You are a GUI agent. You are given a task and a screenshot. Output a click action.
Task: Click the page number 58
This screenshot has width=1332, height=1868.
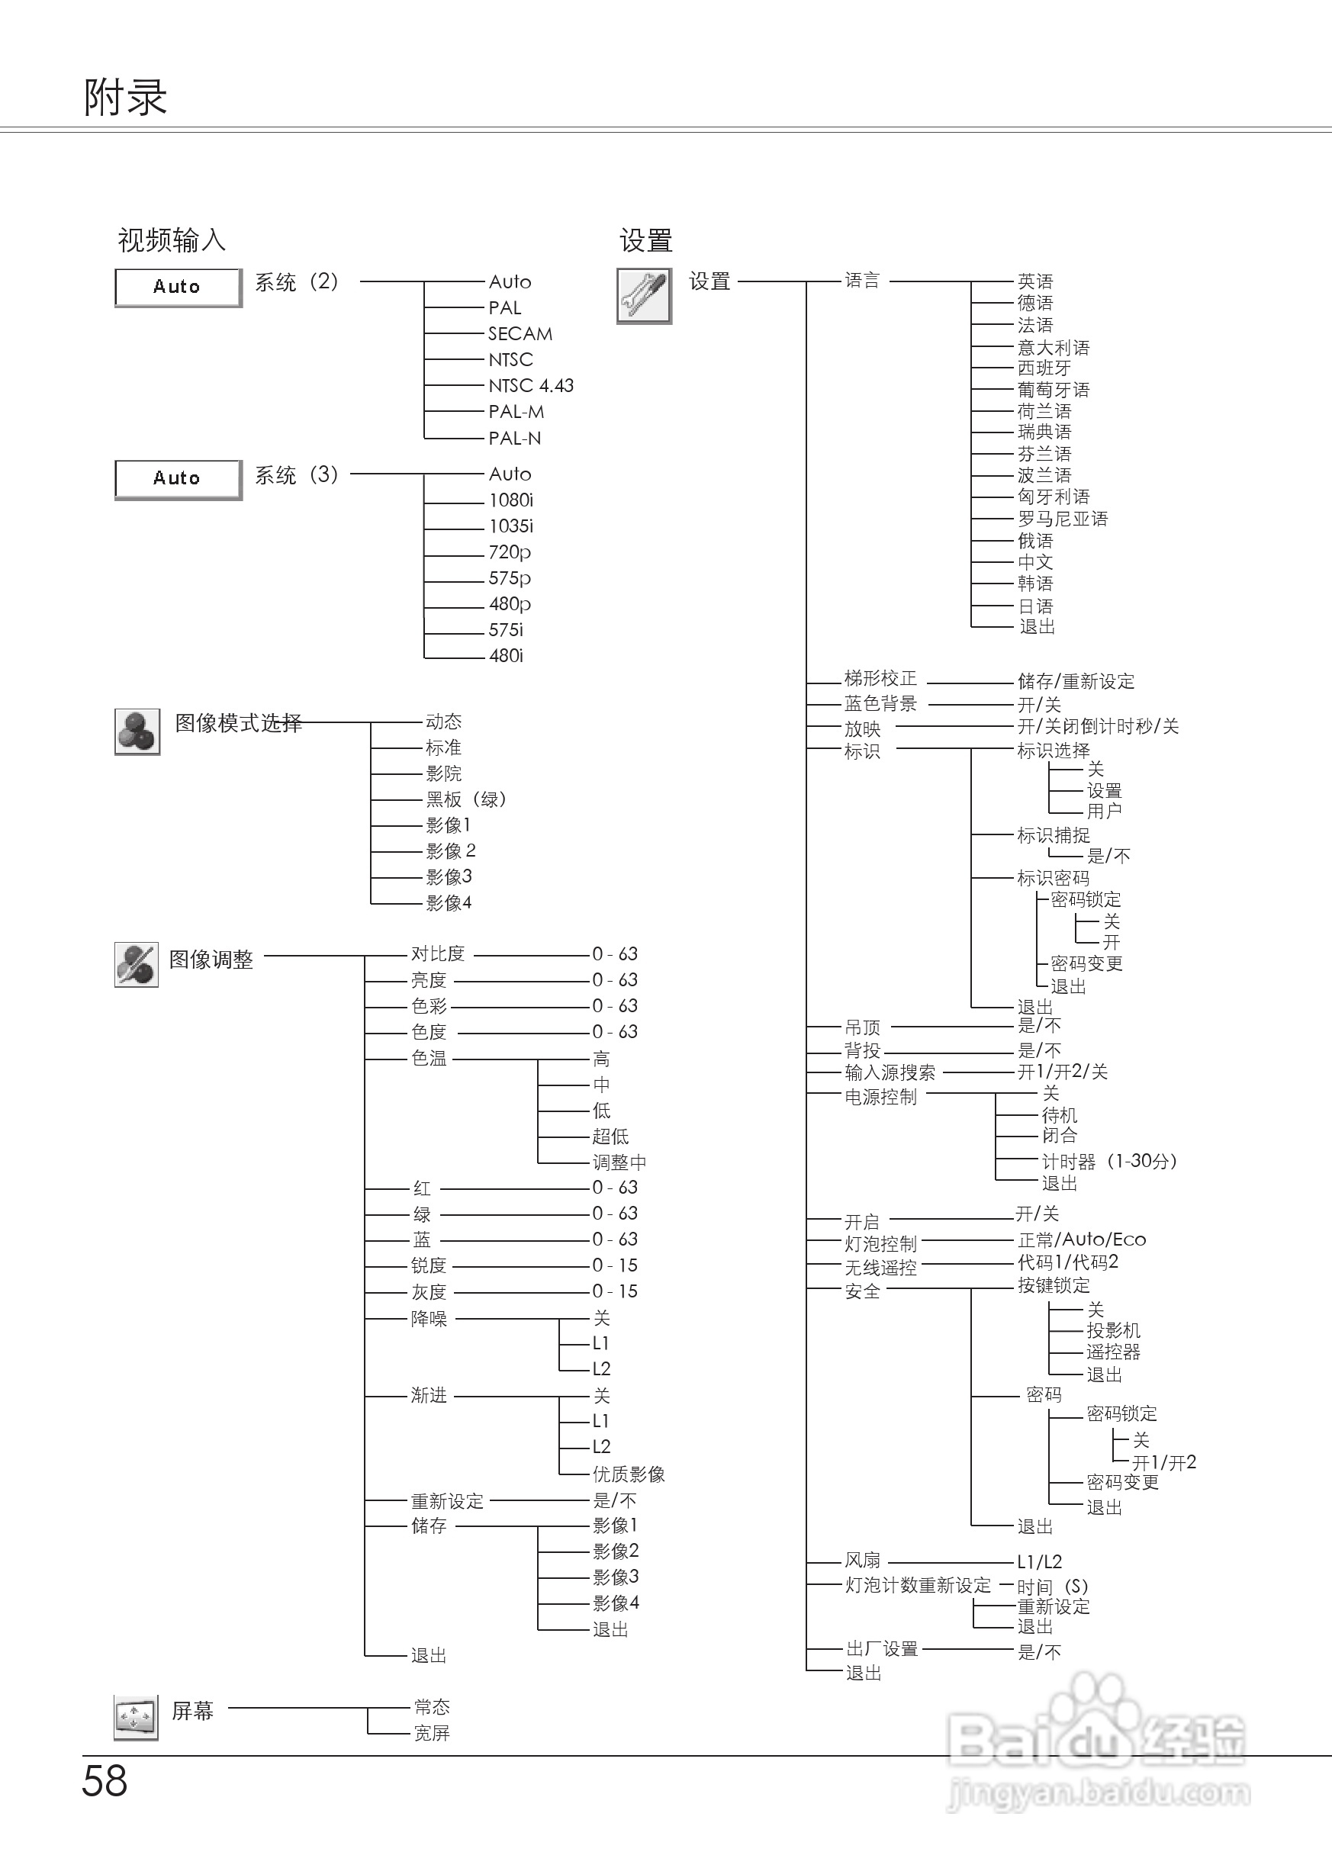(x=105, y=1781)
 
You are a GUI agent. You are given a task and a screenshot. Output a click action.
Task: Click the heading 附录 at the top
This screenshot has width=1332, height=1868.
(x=125, y=98)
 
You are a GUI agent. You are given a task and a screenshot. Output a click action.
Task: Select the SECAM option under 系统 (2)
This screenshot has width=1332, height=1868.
(x=520, y=334)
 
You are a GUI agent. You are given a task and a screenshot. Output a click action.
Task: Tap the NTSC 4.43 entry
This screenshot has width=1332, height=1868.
(x=531, y=385)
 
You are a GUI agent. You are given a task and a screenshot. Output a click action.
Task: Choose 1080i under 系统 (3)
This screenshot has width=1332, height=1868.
(x=511, y=500)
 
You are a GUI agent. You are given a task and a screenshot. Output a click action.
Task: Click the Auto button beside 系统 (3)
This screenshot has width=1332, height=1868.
(x=178, y=479)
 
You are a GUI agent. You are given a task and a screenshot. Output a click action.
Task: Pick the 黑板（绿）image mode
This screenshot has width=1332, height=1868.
(x=466, y=799)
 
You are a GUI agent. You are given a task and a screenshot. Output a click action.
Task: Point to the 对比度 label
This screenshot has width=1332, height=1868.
(x=437, y=953)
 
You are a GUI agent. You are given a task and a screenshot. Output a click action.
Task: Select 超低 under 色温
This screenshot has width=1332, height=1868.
(x=610, y=1137)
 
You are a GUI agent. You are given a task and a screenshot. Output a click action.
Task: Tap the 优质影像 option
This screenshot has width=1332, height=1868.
(x=629, y=1474)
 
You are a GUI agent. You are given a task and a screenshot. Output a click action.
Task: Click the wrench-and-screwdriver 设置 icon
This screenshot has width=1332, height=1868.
(x=644, y=296)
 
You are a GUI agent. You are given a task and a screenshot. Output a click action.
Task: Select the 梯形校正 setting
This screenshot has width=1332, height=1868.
(x=880, y=678)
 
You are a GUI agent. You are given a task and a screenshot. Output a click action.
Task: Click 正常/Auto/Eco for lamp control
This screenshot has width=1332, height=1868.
(x=1081, y=1239)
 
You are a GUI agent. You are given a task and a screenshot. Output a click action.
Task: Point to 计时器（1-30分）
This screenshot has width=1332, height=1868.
(x=1109, y=1161)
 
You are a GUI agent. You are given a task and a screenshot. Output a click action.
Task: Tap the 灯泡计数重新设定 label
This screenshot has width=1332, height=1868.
(x=918, y=1585)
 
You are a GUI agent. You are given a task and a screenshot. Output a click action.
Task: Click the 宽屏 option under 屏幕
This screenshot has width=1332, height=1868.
(x=432, y=1733)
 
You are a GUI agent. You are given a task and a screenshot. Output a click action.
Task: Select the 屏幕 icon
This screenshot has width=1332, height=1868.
(x=135, y=1717)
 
